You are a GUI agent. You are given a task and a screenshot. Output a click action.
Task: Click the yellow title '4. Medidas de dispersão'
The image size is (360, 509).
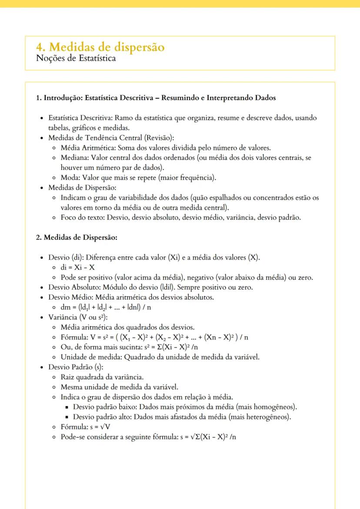(x=100, y=47)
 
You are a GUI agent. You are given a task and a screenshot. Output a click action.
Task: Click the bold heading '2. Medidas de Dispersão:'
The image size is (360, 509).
(x=77, y=237)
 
